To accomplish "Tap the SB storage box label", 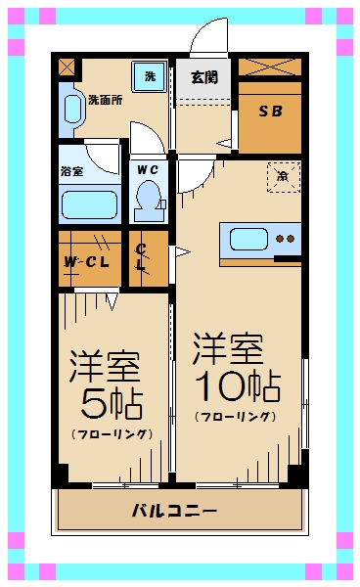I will pos(269,112).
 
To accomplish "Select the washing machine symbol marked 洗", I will pos(149,76).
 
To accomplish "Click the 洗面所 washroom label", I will pos(105,100).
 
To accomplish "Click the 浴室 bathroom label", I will pos(72,171).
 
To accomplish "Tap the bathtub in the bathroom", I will pos(89,204).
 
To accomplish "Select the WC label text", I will pos(148,169).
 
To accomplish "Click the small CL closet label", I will pos(141,258).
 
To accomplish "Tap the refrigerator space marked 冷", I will pos(281,177).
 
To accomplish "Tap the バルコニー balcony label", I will pos(176,511).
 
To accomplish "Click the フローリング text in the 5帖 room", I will pos(111,432).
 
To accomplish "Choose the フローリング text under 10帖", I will pos(235,417).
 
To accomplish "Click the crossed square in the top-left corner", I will pos(67,68).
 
